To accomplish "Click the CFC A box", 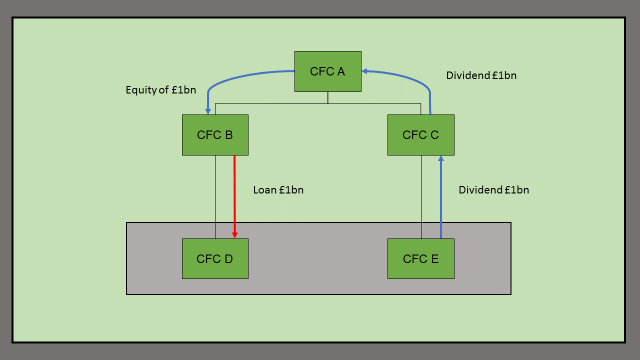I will tap(327, 71).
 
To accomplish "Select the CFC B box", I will tap(215, 135).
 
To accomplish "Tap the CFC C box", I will tap(420, 135).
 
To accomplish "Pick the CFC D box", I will tap(215, 258).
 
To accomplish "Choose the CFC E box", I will tap(420, 258).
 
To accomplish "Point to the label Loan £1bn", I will tap(278, 190).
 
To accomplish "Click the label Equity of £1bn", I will tap(160, 90).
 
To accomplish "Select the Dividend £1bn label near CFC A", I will tap(481, 75).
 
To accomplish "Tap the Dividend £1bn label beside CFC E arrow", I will tap(493, 190).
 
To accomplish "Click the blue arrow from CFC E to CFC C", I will tap(440, 200).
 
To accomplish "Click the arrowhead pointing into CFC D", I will tap(234, 234).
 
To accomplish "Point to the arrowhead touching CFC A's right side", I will tap(365, 71).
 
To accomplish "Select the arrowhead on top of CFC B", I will tap(208, 110).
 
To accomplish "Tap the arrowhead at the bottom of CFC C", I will tap(440, 158).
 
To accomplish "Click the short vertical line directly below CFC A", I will tap(328, 97).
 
